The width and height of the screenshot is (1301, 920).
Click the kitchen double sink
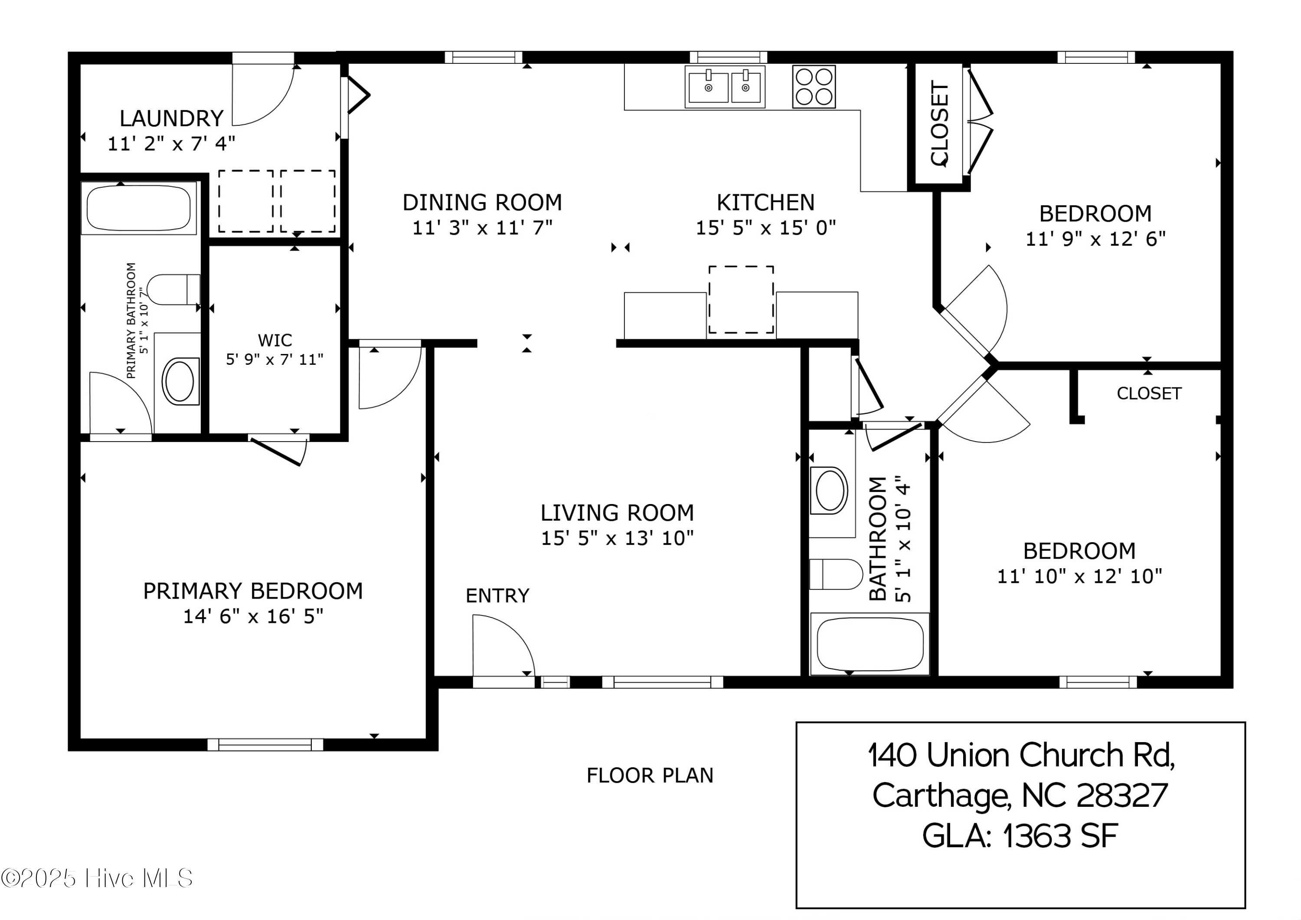tap(725, 87)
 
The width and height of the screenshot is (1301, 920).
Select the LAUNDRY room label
tap(172, 118)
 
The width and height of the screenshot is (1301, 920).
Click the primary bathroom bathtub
tap(139, 207)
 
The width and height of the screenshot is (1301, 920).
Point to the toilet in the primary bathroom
tap(173, 290)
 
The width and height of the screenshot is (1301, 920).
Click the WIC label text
tap(275, 340)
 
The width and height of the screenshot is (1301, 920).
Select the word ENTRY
tap(497, 596)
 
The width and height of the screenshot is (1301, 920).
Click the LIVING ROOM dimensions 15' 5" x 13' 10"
tap(617, 538)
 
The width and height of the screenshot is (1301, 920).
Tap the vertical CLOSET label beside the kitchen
tap(939, 124)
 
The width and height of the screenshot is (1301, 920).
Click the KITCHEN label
tap(765, 203)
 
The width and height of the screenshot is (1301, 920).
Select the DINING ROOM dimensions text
tap(482, 228)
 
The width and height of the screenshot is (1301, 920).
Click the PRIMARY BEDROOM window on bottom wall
tap(265, 744)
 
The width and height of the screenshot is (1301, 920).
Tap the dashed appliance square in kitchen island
tap(741, 299)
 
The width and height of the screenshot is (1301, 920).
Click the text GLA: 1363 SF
tap(1020, 835)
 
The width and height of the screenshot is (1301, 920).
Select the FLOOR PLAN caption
tap(650, 776)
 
